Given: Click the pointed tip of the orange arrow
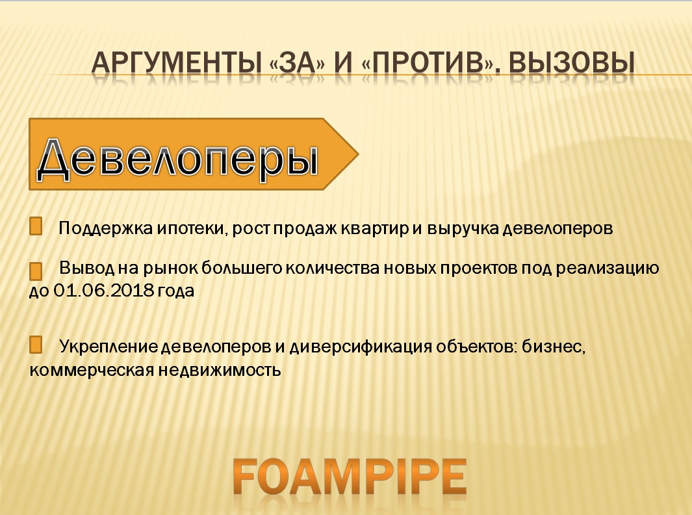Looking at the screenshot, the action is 358,154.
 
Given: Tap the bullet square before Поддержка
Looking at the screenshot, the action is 36,226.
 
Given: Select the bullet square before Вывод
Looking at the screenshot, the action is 36,271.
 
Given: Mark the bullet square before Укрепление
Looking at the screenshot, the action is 36,345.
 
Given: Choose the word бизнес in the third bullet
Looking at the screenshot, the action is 554,347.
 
